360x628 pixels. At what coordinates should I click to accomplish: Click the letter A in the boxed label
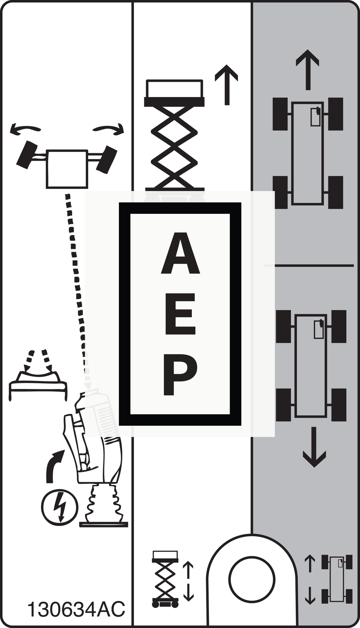[180, 253]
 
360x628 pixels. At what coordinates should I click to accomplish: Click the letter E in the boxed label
[180, 314]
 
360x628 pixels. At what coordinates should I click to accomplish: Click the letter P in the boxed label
[180, 375]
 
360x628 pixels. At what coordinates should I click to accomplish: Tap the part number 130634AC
[76, 609]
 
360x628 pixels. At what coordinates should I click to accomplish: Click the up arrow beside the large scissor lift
[227, 85]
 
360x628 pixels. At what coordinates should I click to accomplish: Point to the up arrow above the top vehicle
[308, 70]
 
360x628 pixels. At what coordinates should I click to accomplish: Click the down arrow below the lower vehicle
[314, 447]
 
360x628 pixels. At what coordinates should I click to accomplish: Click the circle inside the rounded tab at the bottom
[252, 579]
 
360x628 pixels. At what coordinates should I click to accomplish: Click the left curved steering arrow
[25, 129]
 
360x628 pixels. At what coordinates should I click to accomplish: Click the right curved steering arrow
[109, 129]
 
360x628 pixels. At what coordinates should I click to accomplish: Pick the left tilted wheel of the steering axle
[27, 155]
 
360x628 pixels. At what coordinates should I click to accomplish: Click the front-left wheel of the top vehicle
[280, 114]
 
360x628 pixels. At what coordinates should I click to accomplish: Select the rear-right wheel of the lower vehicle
[339, 405]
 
